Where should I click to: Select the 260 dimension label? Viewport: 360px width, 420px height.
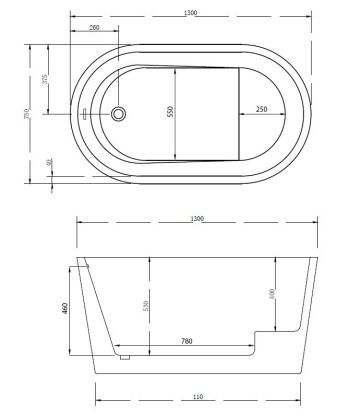[94, 27]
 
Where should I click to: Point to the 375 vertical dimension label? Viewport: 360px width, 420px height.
[48, 80]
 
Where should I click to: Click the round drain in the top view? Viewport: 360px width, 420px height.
[120, 114]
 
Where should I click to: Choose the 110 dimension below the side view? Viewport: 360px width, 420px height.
[201, 397]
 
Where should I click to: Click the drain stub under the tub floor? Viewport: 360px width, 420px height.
[124, 356]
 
